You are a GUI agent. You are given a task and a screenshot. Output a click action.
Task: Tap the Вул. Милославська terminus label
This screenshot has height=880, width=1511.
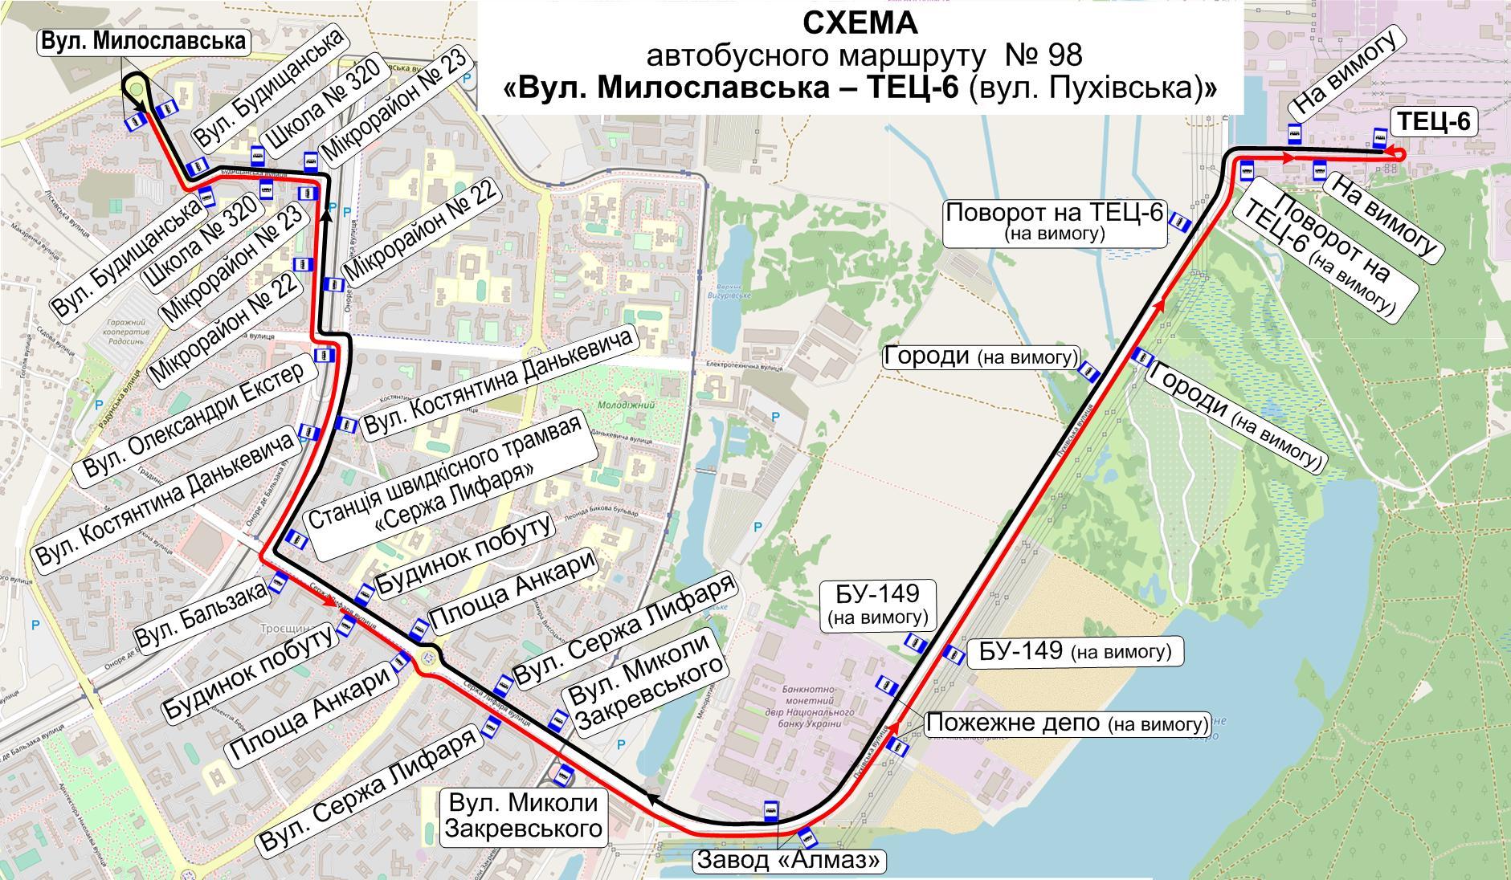tap(143, 42)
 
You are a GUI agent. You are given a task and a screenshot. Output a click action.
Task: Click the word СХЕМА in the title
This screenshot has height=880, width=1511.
tap(860, 23)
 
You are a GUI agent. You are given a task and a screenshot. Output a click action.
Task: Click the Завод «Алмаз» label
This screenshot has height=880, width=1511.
tap(790, 861)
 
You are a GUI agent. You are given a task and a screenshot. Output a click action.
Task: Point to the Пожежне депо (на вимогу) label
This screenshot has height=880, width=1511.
tap(1067, 723)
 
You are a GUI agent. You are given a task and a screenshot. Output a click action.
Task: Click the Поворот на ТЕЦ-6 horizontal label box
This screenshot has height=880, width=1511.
tap(1054, 222)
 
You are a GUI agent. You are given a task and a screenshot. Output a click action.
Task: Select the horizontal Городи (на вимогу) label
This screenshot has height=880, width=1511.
tap(981, 356)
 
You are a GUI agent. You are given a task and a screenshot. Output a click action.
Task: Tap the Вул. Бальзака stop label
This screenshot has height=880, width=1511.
tap(201, 614)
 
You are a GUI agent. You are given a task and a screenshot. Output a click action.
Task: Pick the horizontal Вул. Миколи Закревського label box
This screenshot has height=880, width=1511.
tap(523, 816)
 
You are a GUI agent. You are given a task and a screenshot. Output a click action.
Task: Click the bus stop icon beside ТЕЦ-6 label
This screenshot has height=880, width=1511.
tap(1380, 140)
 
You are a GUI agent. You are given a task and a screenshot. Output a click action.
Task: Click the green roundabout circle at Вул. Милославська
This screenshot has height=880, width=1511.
tap(137, 90)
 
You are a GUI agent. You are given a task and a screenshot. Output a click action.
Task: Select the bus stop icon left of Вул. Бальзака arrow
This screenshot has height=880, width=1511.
tap(278, 581)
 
